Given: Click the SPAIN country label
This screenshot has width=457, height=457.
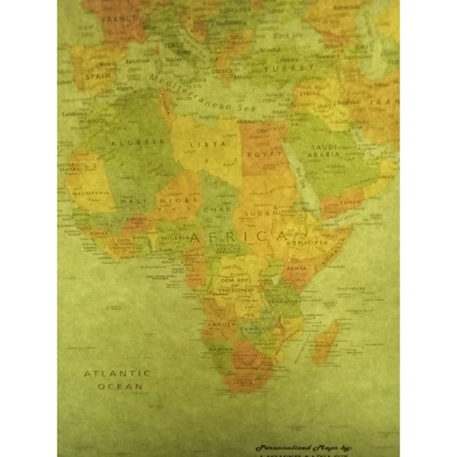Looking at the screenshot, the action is pyautogui.click(x=98, y=77).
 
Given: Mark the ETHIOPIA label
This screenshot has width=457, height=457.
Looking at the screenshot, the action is pyautogui.click(x=307, y=243).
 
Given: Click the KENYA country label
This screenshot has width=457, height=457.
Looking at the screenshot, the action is pyautogui.click(x=296, y=269).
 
